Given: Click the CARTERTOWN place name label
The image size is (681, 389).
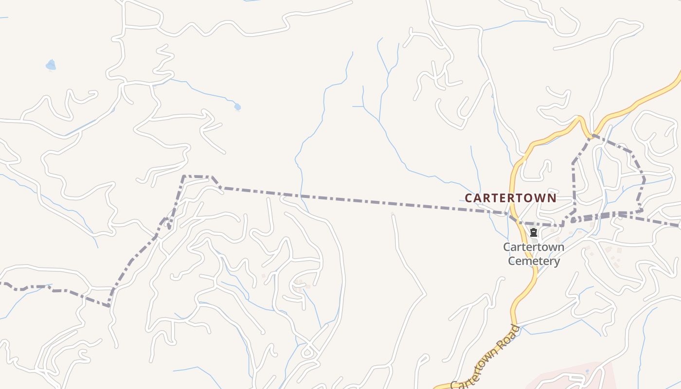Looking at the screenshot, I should pyautogui.click(x=510, y=198).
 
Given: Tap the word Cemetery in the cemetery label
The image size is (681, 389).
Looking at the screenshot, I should pyautogui.click(x=534, y=261).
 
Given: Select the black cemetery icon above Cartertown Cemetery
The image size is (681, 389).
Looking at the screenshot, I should pyautogui.click(x=534, y=232).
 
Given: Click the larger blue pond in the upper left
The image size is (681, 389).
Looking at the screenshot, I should pyautogui.click(x=51, y=65).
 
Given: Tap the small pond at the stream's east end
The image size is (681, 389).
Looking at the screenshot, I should pyautogui.click(x=237, y=107).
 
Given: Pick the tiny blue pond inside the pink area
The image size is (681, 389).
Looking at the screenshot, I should pyautogui.click(x=587, y=372).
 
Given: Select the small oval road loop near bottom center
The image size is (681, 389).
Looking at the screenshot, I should pyautogui.click(x=307, y=351).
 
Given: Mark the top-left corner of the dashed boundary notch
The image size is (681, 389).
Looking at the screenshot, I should pyautogui.click(x=183, y=177).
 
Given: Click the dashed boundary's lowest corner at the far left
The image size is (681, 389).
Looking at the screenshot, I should pyautogui.click(x=108, y=305).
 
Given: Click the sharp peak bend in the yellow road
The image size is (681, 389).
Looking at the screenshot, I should pyautogui.click(x=579, y=118).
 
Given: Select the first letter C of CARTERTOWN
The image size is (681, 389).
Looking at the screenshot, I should pyautogui.click(x=469, y=198).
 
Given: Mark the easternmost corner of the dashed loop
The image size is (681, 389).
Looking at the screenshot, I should pyautogui.click(x=645, y=180).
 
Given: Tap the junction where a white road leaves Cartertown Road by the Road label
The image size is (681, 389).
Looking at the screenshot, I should pyautogui.click(x=518, y=324).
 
